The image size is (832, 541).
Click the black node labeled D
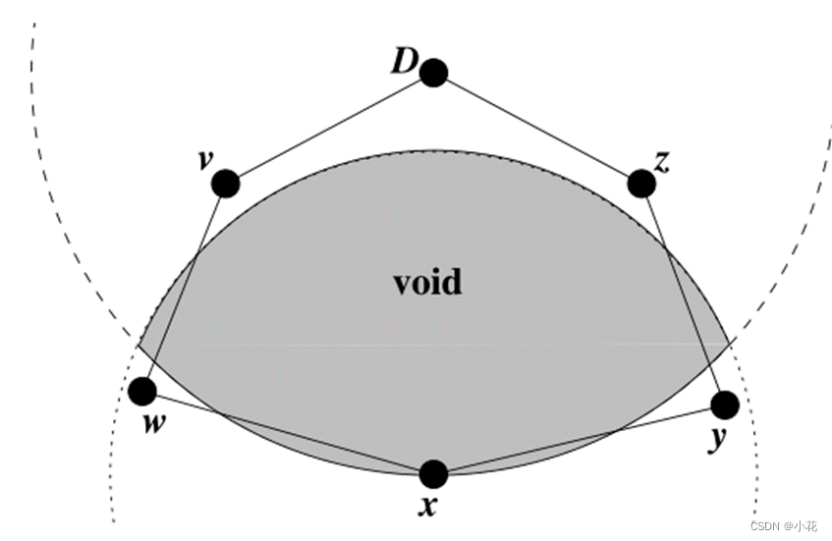coord(433,72)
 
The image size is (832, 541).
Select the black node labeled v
coord(226,183)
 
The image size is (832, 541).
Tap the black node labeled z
coord(640,183)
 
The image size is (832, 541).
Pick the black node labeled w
coord(142,392)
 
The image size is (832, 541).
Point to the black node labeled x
coord(433,474)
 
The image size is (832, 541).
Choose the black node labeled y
coord(724,404)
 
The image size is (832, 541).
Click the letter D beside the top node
coord(404,62)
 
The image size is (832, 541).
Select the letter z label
coord(661,162)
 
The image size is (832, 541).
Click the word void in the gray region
coord(427,283)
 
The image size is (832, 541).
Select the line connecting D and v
coord(329,128)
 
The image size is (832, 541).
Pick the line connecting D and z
coord(537,128)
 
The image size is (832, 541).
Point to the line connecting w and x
coord(288,433)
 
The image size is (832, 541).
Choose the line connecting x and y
coord(580,439)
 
